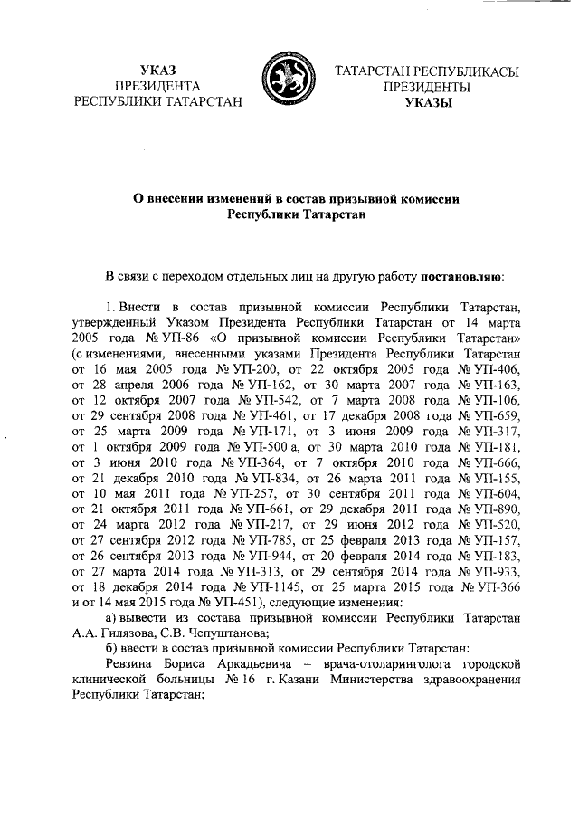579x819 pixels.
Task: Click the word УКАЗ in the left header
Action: [x=158, y=71]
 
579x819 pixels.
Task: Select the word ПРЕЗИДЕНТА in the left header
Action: [x=158, y=87]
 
